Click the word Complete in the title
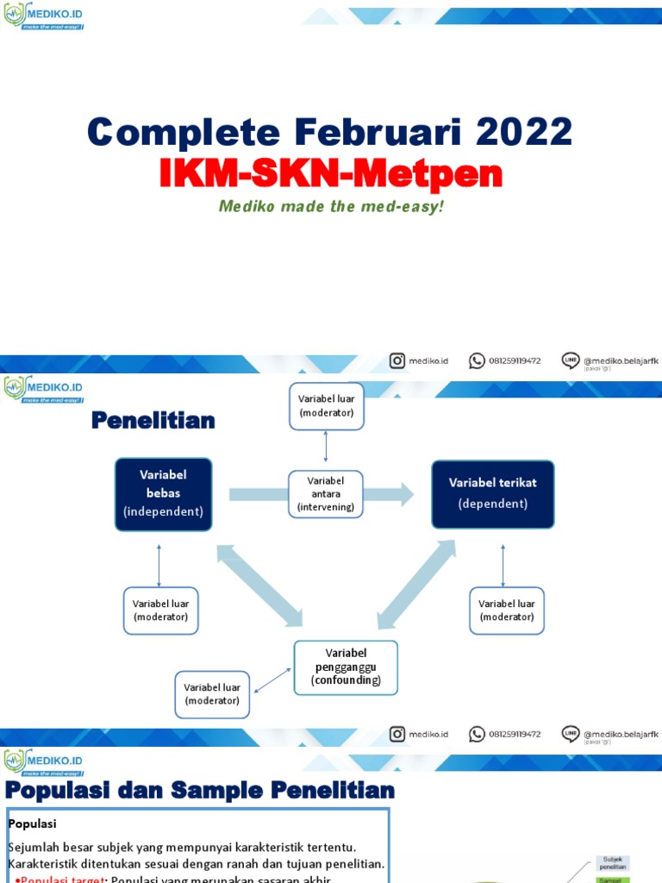point(184,132)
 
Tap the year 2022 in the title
point(525,132)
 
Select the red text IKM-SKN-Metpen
point(330,173)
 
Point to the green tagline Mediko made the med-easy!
point(330,207)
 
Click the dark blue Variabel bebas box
point(163,494)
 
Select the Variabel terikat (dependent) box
point(492,493)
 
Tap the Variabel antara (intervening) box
point(326,494)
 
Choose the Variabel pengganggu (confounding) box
point(346,667)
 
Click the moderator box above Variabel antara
point(326,405)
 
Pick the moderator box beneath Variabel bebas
point(160,611)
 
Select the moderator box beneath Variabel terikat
point(506,611)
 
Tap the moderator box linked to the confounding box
point(212,694)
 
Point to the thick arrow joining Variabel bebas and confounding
point(259,585)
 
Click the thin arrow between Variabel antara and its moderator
point(326,449)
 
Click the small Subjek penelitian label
point(613,863)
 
